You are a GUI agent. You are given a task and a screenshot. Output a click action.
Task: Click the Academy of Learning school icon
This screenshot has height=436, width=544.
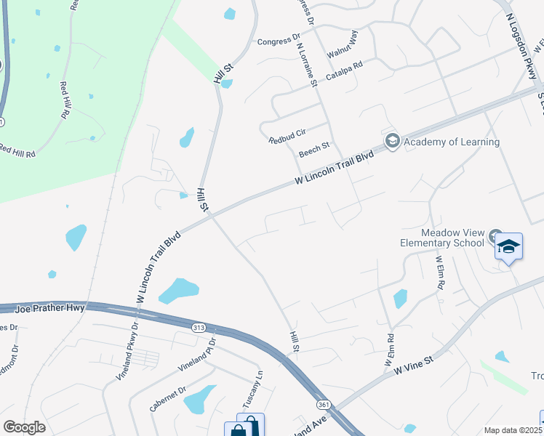[393, 141]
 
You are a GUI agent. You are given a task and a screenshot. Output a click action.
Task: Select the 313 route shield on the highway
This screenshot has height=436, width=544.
[199, 328]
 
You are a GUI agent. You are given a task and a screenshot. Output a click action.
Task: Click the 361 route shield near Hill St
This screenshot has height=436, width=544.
[323, 403]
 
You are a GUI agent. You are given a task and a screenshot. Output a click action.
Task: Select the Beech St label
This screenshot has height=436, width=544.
[314, 154]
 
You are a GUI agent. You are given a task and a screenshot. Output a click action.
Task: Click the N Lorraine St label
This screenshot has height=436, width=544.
[308, 64]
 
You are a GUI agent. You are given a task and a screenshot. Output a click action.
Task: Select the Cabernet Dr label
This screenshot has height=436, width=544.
[169, 400]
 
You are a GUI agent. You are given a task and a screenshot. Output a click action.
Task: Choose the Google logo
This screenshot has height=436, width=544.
[24, 427]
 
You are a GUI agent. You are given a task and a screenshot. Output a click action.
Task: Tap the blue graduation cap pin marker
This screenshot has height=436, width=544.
[508, 247]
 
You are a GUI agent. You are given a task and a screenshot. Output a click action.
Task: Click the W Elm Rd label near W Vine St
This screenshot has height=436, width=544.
[389, 350]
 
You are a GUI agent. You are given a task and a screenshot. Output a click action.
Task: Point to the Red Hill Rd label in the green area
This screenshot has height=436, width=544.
[65, 100]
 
